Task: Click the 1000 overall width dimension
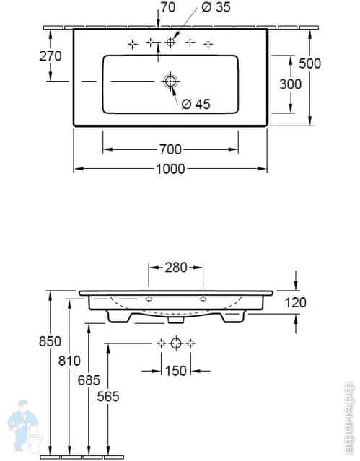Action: (x=170, y=168)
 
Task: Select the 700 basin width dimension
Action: (x=170, y=149)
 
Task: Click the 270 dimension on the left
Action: (x=51, y=56)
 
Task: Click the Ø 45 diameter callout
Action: (x=194, y=105)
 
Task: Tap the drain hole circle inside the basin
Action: (x=170, y=82)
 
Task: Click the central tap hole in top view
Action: (x=170, y=43)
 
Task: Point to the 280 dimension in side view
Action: (x=175, y=267)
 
